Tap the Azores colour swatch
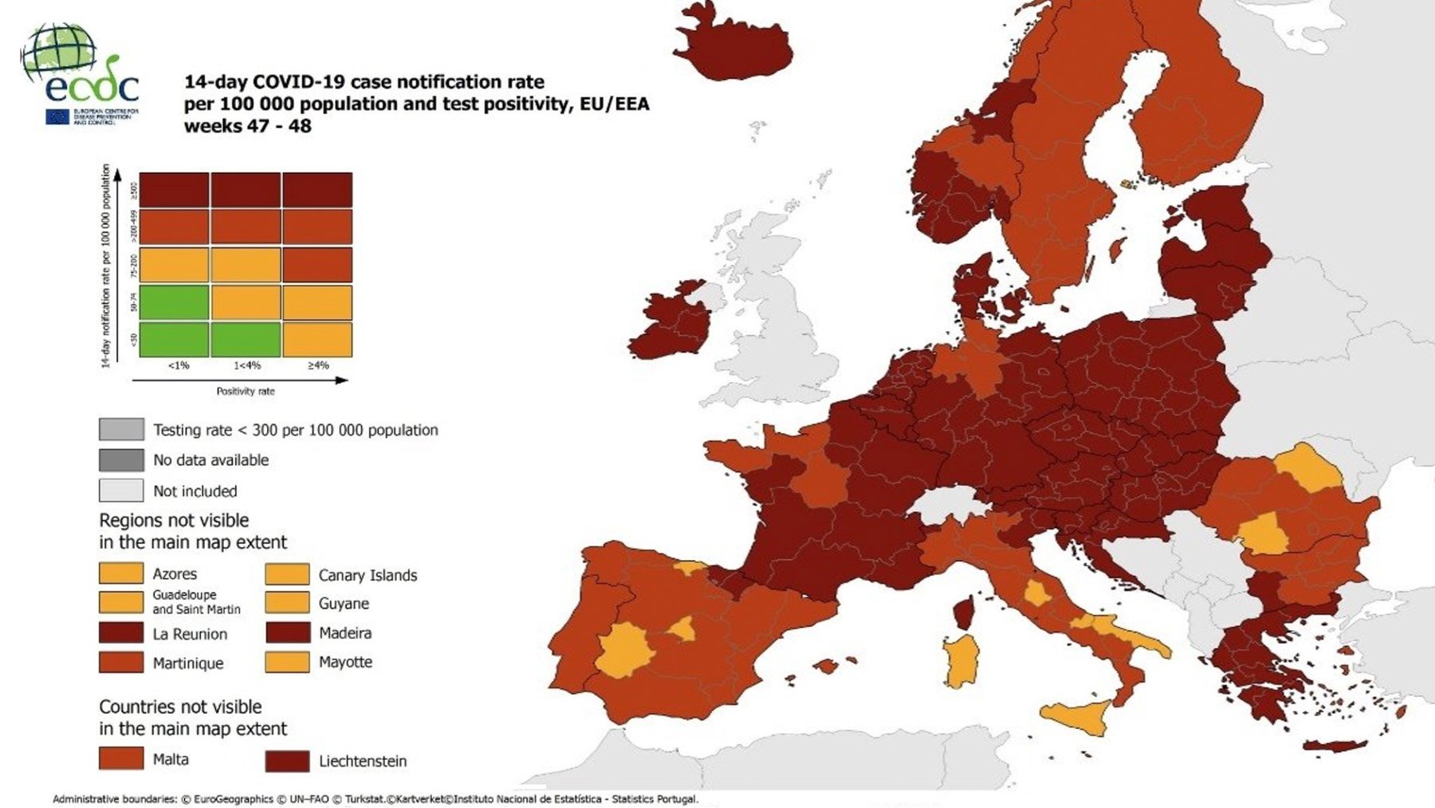(121, 573)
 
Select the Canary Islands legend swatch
(287, 574)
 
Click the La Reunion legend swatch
(121, 633)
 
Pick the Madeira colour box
(287, 633)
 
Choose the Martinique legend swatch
(121, 663)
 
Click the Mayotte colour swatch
(287, 662)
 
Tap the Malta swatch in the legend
(121, 759)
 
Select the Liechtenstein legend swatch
(287, 761)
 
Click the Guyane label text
(344, 604)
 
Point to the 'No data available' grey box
(121, 460)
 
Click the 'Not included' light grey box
(121, 491)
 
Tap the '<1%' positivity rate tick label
(178, 365)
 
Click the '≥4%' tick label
(317, 365)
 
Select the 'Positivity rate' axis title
(246, 391)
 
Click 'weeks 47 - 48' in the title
(247, 126)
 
